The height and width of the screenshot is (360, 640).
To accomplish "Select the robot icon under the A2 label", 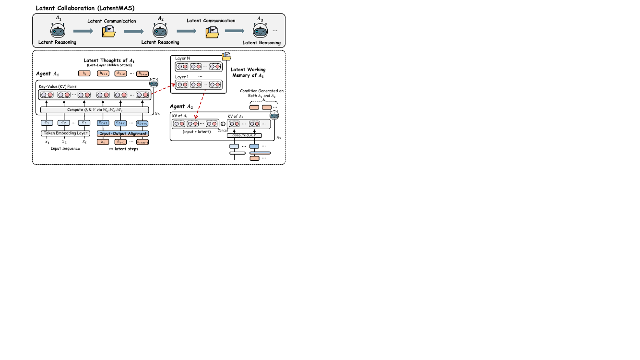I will (x=160, y=31).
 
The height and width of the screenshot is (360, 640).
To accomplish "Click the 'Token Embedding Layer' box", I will (x=65, y=133).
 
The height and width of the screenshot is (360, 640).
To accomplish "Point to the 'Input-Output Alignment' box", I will (x=123, y=133).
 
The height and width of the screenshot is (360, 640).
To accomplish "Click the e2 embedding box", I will (x=64, y=123).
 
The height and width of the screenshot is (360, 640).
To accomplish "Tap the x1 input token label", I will (x=47, y=142).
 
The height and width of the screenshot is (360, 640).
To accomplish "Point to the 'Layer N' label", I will (x=183, y=58).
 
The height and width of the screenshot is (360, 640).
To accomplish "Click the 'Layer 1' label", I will (x=183, y=76).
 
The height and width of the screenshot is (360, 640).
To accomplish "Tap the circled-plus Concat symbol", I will (x=223, y=124).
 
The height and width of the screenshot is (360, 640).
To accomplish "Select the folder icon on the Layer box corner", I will (x=226, y=56).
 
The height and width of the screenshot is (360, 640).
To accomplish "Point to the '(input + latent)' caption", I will (x=197, y=132).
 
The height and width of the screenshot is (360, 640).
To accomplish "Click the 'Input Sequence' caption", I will (x=65, y=149).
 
